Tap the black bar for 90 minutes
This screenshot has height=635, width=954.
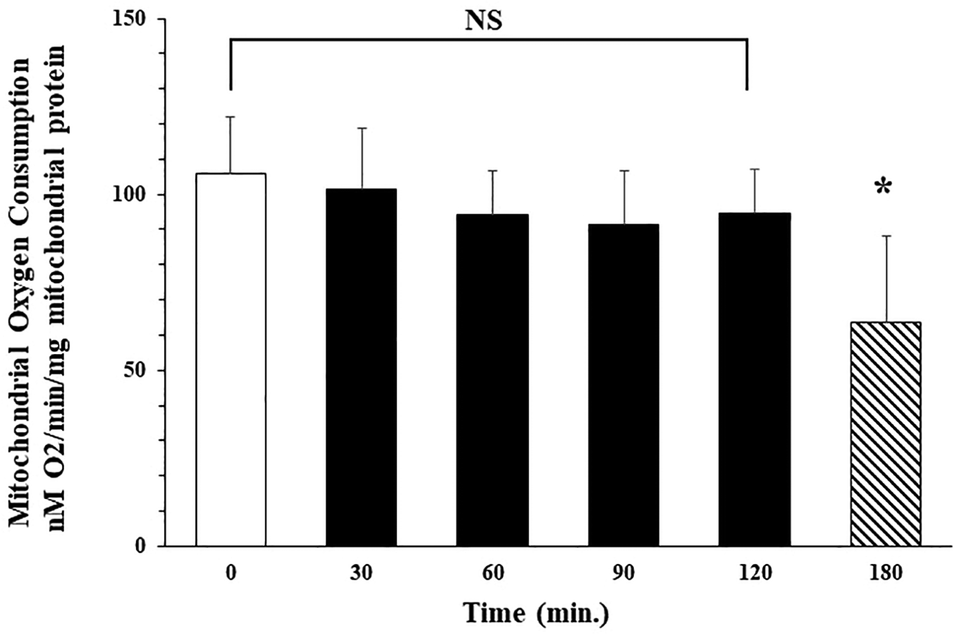tap(623, 385)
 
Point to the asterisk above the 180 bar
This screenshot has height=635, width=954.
tap(883, 188)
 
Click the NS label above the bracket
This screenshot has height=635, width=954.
tap(484, 20)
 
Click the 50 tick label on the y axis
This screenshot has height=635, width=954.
tap(135, 371)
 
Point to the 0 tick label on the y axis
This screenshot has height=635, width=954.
tap(141, 546)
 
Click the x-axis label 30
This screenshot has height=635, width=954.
tap(361, 573)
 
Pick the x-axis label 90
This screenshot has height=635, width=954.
tap(623, 573)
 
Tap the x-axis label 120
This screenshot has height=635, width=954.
tap(754, 573)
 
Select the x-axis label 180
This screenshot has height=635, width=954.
tap(885, 573)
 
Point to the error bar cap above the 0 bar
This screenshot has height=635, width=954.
tap(230, 117)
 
